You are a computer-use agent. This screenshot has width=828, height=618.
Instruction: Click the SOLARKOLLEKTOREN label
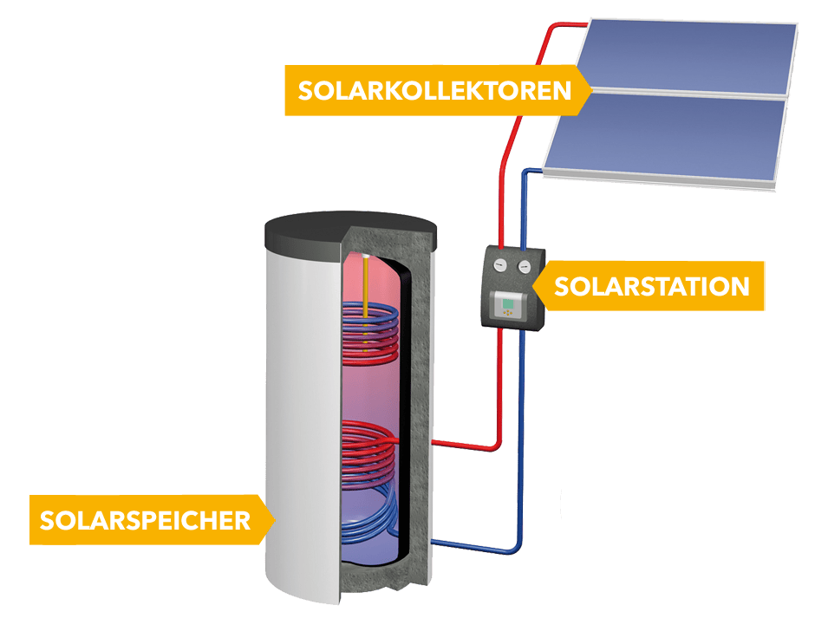(x=434, y=90)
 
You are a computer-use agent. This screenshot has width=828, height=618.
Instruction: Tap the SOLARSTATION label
(x=650, y=286)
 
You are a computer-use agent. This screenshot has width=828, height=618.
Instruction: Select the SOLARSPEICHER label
(x=145, y=520)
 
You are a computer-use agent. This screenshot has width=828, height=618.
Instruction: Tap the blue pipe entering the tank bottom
(x=473, y=546)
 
